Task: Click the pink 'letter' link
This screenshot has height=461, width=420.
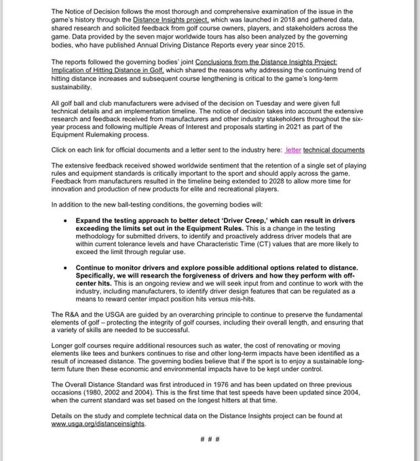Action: (292, 149)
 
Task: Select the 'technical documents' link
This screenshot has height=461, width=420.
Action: (334, 149)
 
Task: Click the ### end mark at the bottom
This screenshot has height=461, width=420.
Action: (210, 440)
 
